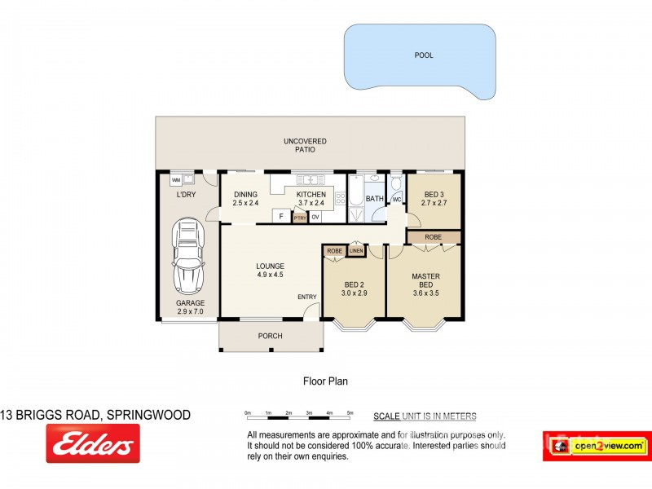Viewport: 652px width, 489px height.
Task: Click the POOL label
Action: tap(423, 55)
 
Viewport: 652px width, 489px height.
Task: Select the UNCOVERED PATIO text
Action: tap(299, 146)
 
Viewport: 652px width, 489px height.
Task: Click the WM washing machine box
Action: tap(176, 179)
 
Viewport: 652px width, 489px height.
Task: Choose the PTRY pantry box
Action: tap(299, 217)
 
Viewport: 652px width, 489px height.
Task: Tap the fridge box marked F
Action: tap(281, 216)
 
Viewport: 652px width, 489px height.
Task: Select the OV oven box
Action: tap(315, 217)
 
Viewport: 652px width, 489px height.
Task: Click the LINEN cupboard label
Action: tap(355, 251)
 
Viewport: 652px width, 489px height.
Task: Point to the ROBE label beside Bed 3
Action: tap(434, 237)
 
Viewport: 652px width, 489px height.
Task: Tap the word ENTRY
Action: tap(306, 297)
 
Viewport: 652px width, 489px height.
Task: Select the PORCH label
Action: tap(270, 336)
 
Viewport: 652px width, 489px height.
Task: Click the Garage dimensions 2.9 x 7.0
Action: tap(191, 312)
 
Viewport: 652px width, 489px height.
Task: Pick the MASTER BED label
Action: tap(425, 280)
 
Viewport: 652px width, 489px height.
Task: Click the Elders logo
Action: tap(92, 445)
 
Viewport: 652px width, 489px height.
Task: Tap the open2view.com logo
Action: tap(596, 446)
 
